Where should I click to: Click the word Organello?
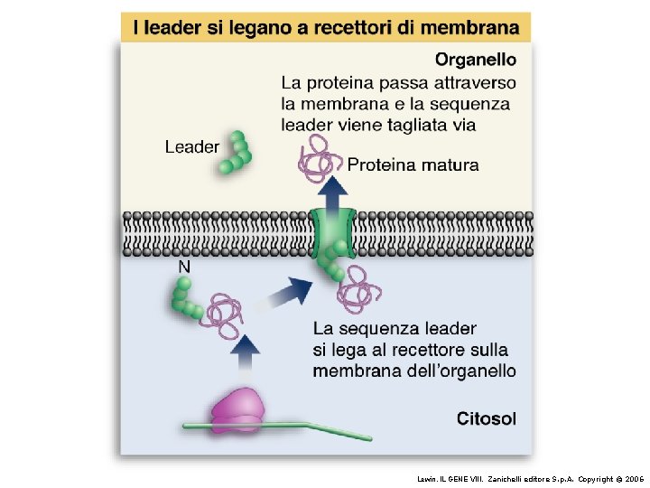click(x=476, y=61)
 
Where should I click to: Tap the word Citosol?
click(x=487, y=418)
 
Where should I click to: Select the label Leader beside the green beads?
click(x=191, y=146)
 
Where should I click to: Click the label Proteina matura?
click(x=413, y=164)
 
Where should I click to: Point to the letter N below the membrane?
click(x=184, y=267)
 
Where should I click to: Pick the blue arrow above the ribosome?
click(x=244, y=352)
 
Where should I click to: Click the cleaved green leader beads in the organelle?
click(x=237, y=154)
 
